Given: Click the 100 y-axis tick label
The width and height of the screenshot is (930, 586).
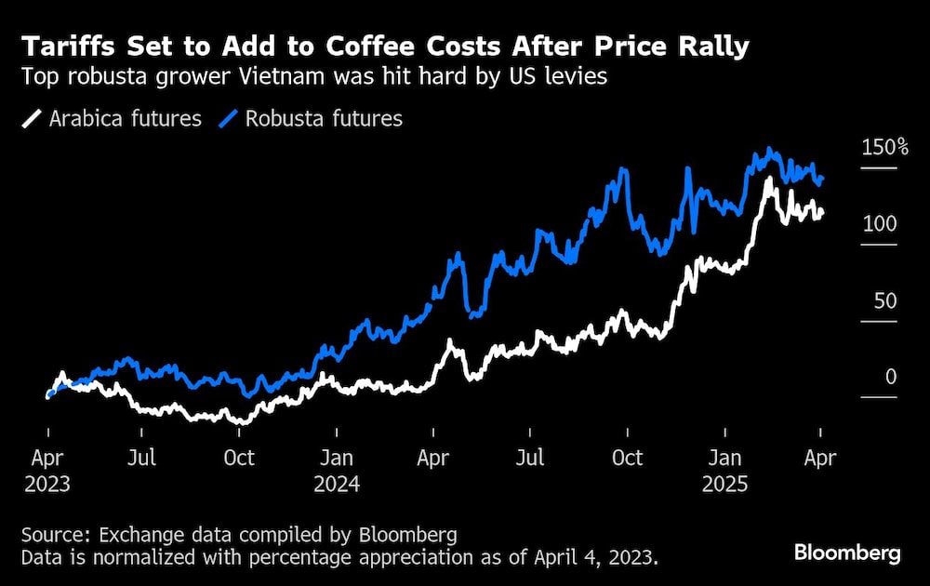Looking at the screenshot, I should (879, 224).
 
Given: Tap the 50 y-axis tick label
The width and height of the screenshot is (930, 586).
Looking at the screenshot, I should (884, 300).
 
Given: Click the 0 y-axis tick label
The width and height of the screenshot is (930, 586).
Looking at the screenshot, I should (891, 377).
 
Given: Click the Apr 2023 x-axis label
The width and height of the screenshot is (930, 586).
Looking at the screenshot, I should (48, 471).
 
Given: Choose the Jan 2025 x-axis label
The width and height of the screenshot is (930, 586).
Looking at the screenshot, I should (725, 471).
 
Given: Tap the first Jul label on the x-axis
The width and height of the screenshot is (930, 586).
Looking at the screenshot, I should (141, 458).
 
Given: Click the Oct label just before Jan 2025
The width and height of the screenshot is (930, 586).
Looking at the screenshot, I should (628, 458).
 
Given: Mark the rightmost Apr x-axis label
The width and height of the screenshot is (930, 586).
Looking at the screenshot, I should (819, 458).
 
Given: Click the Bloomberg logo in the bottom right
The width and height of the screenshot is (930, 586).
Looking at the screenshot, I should (847, 553).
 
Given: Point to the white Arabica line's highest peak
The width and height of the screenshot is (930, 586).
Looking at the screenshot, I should (768, 179).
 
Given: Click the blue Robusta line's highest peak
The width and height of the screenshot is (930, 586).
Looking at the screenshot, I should (768, 150).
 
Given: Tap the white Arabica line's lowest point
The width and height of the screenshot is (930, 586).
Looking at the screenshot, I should (241, 422).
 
